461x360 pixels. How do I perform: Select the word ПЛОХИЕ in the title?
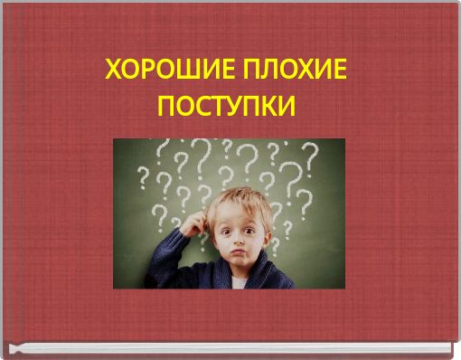tap(293, 70)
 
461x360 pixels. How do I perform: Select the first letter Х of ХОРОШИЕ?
tap(114, 70)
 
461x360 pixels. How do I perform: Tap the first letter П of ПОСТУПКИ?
tap(167, 108)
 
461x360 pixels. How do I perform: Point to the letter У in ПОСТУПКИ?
tap(230, 108)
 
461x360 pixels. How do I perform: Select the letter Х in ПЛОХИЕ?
tap(303, 70)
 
